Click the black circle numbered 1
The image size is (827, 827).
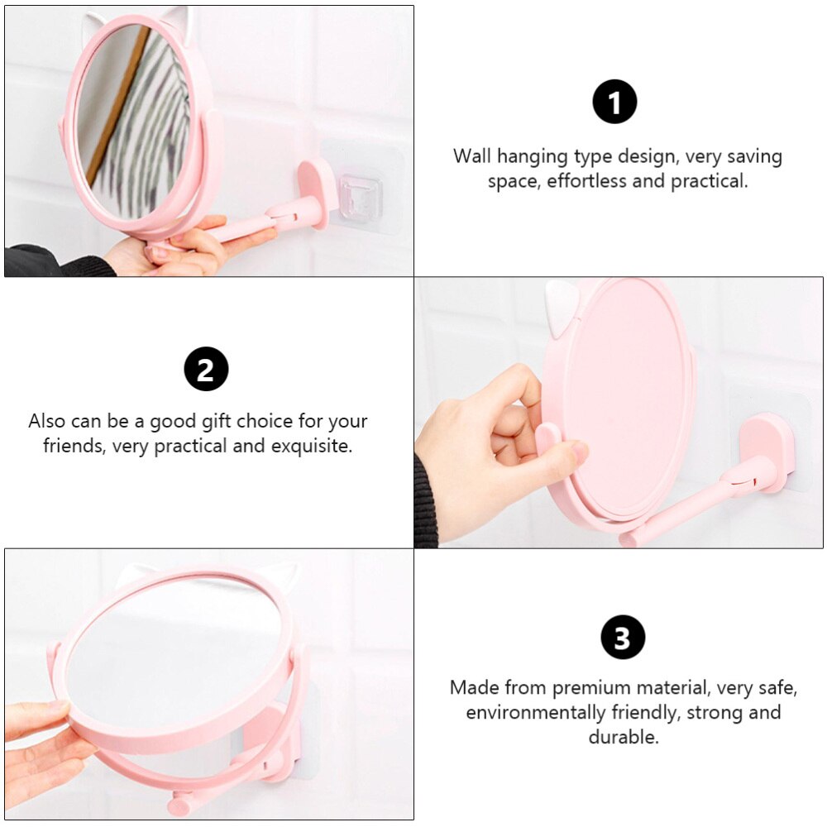pyautogui.click(x=614, y=103)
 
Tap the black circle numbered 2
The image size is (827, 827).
pyautogui.click(x=205, y=369)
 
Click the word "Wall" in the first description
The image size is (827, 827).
pyautogui.click(x=474, y=156)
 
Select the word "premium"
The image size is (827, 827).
pyautogui.click(x=589, y=687)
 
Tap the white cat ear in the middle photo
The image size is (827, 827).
pyautogui.click(x=562, y=308)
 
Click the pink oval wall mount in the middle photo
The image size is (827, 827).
pyautogui.click(x=767, y=451)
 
